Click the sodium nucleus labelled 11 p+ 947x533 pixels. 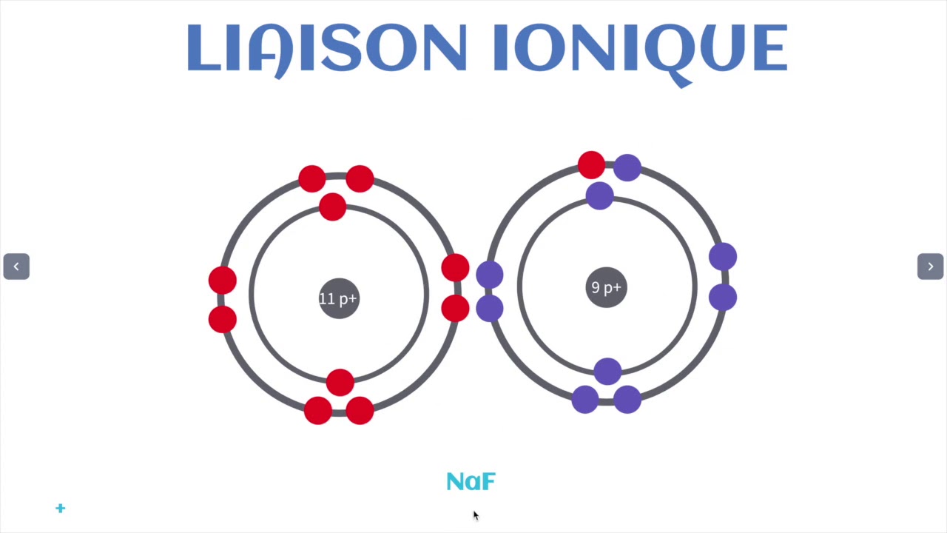339,298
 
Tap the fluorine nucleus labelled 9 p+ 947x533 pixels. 606,287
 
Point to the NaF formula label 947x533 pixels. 471,482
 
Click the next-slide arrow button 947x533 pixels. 930,266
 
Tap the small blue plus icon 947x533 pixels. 61,508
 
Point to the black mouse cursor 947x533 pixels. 475,515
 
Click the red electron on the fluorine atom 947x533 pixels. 591,165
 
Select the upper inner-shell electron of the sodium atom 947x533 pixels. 333,207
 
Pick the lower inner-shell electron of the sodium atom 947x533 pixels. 340,382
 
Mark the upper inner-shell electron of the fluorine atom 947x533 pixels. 599,195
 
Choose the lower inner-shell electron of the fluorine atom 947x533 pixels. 607,371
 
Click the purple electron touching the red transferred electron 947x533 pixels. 627,168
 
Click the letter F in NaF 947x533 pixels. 487,482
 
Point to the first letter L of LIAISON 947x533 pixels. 203,49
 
